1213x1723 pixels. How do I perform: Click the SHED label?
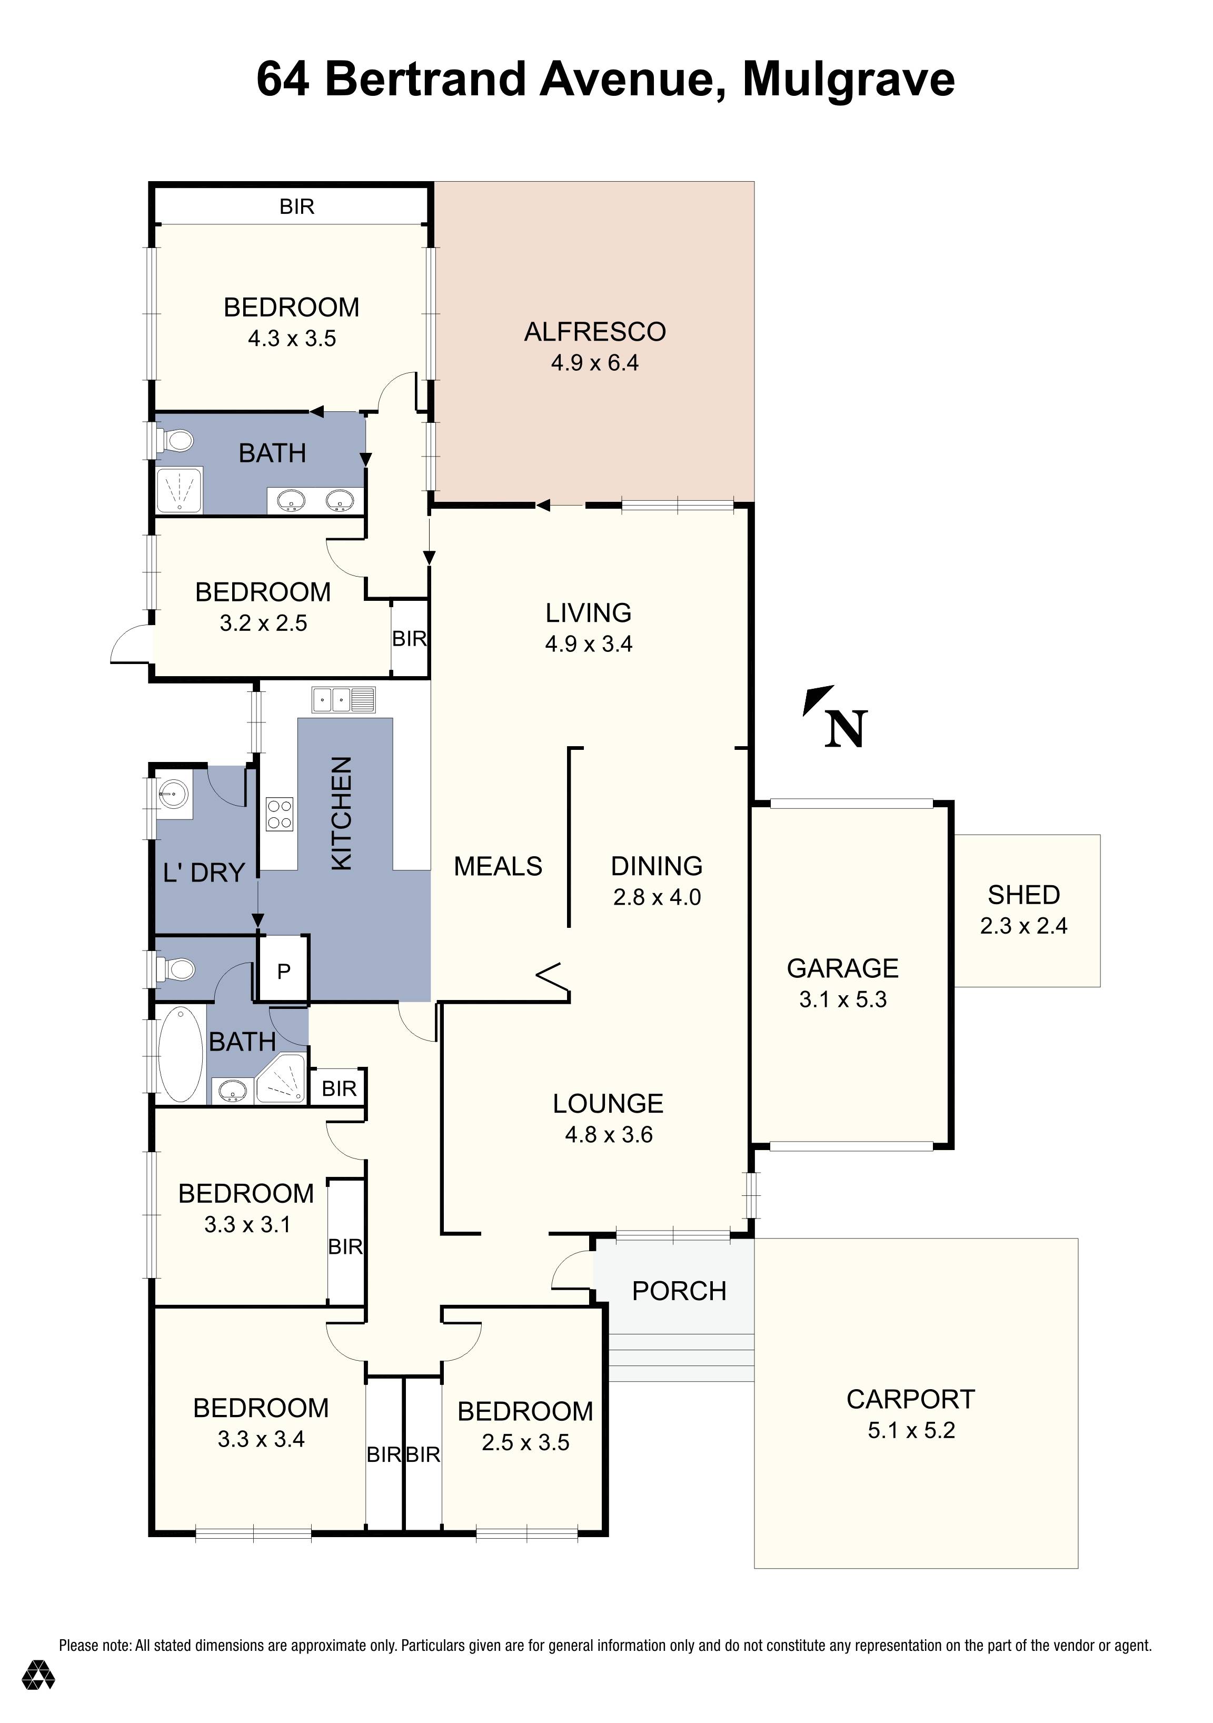point(1023,895)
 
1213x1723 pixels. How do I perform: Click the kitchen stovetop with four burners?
point(280,814)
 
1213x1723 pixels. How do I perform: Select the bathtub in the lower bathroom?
point(181,1054)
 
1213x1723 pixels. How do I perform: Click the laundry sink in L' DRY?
point(173,791)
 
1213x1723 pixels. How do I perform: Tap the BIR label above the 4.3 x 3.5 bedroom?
point(296,206)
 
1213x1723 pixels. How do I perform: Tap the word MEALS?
point(498,866)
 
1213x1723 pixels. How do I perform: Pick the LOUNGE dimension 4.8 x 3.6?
point(609,1135)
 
